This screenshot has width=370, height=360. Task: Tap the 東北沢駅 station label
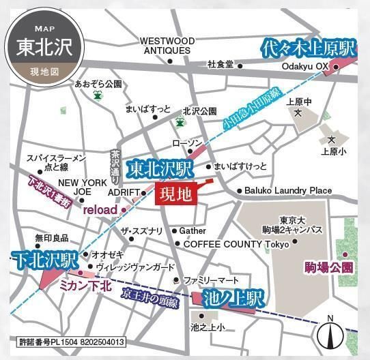161,168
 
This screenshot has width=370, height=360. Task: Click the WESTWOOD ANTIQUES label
167,46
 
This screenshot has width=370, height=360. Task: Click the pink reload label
100,210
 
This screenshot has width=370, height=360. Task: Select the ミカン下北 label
85,286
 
